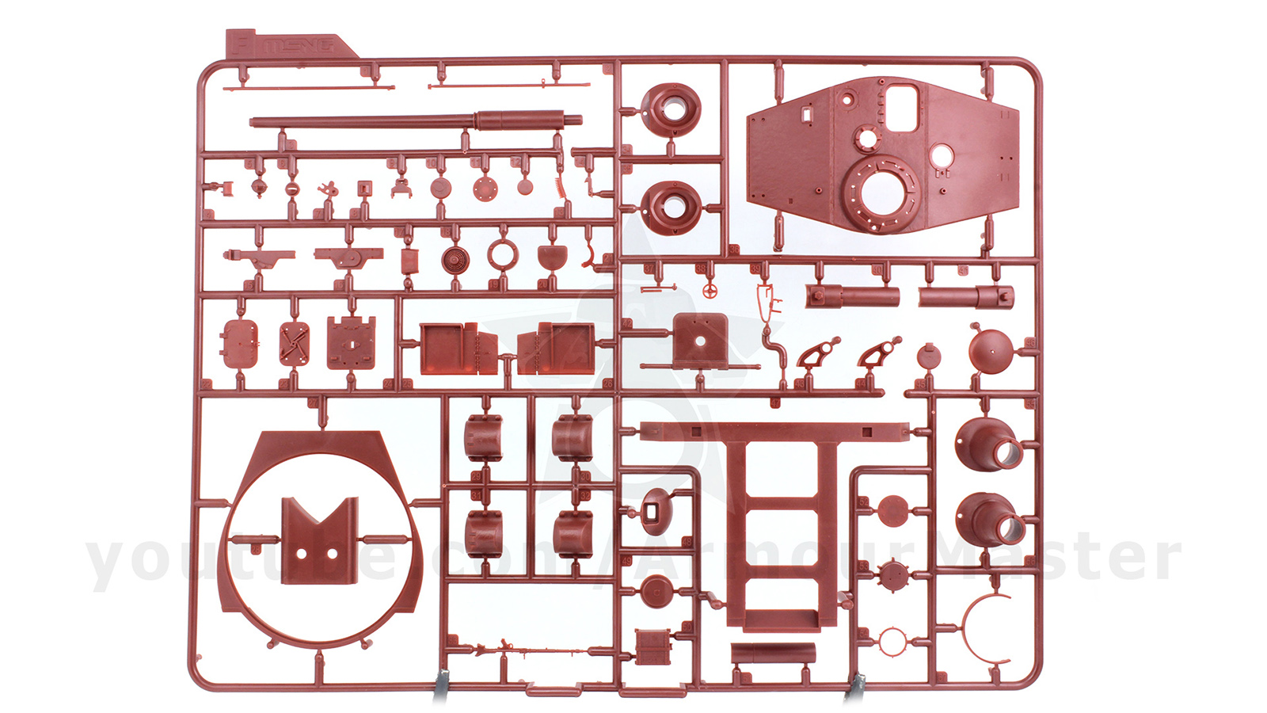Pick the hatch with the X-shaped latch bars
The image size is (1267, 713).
point(295,343)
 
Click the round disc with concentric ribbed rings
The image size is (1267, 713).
point(455,259)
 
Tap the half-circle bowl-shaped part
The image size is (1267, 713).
point(552,257)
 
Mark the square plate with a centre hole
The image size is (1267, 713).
point(700,341)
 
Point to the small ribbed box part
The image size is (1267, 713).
point(653,646)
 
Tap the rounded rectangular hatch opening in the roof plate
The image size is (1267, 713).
point(901,109)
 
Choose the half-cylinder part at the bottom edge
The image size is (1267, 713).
point(772,653)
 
